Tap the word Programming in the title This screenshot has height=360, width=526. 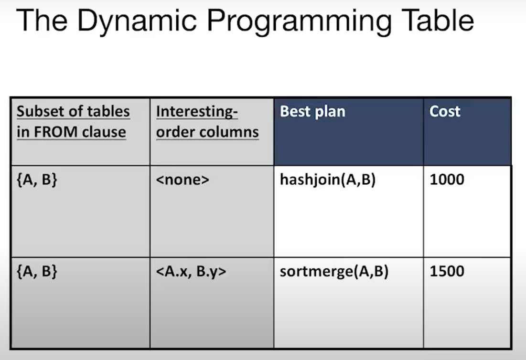pos(291,21)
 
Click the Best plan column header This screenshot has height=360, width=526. pos(312,112)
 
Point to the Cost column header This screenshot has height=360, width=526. pos(445,112)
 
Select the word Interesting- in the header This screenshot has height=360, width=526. pos(197,112)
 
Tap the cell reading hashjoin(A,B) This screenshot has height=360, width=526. pos(328,180)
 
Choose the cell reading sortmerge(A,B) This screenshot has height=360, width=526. pos(334,272)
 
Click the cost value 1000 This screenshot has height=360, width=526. pos(447,180)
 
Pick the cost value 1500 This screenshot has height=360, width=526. pos(447,272)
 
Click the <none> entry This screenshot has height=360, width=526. pos(183,180)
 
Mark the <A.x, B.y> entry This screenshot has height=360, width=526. pos(191,272)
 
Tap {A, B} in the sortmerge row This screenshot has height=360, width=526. pos(37,272)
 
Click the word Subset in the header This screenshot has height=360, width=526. pos(41,112)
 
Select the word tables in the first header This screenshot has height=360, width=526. pos(108,112)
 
